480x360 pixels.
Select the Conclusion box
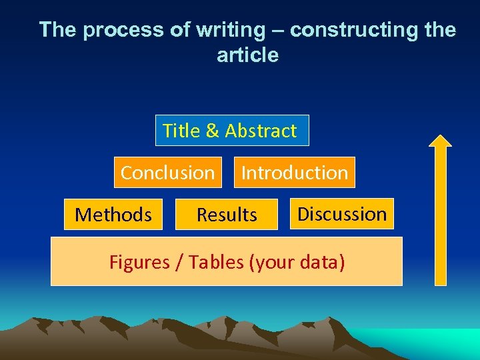click(167, 173)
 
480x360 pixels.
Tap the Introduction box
click(294, 173)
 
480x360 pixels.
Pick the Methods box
click(113, 215)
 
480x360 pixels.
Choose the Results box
click(227, 215)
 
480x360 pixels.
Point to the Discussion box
click(342, 214)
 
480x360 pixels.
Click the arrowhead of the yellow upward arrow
click(440, 140)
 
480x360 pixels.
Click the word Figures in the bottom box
click(139, 262)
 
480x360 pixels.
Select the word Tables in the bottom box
click(216, 262)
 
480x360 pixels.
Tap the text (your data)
click(297, 262)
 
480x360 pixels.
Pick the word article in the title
click(247, 55)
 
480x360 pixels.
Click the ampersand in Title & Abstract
click(213, 131)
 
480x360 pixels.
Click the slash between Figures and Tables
click(179, 262)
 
